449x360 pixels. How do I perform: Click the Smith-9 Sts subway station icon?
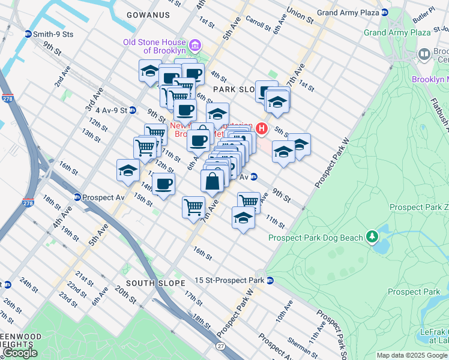(28, 34)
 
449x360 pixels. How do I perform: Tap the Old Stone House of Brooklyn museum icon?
(194, 46)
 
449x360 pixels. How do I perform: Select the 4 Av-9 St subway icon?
(133, 110)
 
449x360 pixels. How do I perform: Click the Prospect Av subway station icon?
(77, 197)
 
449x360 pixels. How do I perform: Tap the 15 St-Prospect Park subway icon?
(270, 280)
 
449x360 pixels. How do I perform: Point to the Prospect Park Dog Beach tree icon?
(372, 238)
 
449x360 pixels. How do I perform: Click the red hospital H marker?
(261, 128)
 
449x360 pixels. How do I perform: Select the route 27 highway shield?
(220, 347)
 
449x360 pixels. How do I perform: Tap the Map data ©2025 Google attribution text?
(411, 355)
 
